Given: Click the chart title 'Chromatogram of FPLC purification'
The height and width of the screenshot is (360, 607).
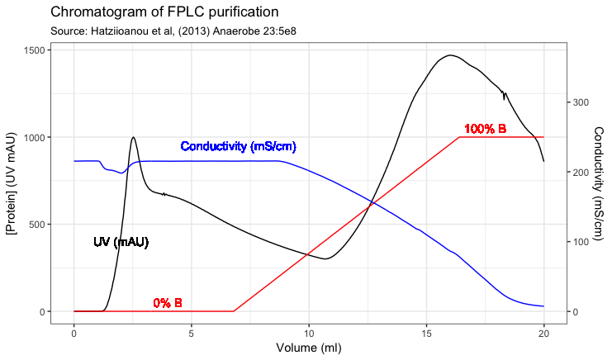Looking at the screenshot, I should pos(164,12).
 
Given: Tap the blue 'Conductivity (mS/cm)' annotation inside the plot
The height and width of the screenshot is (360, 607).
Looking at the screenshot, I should pos(238,146).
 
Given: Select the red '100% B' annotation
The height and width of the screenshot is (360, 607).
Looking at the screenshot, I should pos(485,129).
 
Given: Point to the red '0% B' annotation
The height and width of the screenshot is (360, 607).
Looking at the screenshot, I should pos(168,303).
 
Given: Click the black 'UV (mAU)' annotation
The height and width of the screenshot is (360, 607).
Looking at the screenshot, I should pos(121,242).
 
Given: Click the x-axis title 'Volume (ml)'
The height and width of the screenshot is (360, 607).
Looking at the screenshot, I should pos(308,348).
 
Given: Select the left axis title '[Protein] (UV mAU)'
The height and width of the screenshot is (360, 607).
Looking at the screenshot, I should pos(12,181).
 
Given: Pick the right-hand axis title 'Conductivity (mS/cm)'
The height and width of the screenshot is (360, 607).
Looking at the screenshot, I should pos(598,181).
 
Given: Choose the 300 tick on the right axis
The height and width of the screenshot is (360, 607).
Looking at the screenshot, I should pos(581,102).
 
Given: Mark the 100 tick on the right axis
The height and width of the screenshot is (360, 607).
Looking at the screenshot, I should pos(581,242).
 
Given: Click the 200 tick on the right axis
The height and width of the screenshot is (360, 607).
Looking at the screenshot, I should pos(581,172).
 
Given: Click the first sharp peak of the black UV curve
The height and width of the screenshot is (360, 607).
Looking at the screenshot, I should pos(134,137).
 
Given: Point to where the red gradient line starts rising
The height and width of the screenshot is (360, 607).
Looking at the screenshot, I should pos(234,311).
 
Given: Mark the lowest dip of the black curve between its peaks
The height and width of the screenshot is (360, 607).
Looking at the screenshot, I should pos(327,258).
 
